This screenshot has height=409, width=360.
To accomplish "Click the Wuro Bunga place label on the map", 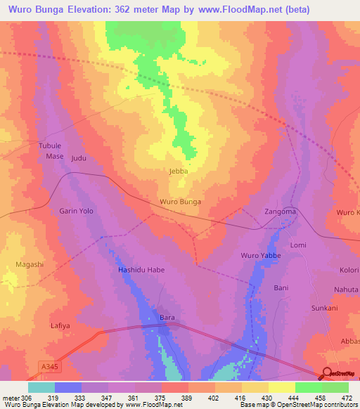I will tap(181, 202).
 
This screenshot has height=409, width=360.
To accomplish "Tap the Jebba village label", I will tap(179, 171).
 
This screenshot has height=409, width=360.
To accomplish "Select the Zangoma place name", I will tap(280, 211).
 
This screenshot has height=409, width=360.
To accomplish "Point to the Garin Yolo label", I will tap(76, 211).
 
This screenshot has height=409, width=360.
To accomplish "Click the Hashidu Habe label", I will tap(141, 270).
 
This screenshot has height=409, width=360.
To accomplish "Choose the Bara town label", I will tap(167, 318).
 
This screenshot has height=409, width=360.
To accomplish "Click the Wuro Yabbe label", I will tap(261, 255).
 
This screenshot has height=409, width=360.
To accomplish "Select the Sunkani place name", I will tap(324, 308).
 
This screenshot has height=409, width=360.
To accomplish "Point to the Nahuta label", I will tap(346, 288).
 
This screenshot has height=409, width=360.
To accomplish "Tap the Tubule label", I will tap(50, 145).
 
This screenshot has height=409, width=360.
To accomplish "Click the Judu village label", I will tap(79, 158).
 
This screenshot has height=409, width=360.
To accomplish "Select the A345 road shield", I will tap(47, 366).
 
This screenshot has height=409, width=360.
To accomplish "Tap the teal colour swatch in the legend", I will tap(41, 387).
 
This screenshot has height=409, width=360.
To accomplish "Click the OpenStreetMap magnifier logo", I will tap(326, 374).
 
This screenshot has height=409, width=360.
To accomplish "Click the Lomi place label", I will tap(299, 245).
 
